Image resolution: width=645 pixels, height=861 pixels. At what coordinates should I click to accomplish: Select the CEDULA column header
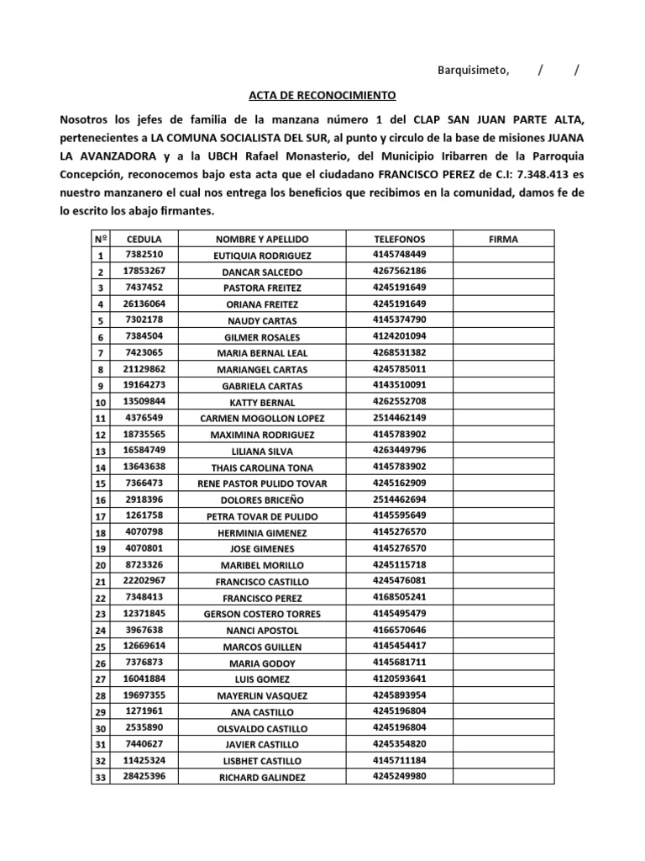(x=144, y=239)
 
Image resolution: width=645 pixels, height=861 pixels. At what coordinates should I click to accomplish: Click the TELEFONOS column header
(x=400, y=239)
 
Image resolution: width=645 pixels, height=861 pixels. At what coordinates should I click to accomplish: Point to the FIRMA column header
(x=504, y=239)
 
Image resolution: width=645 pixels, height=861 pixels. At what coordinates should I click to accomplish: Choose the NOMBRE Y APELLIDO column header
(x=263, y=239)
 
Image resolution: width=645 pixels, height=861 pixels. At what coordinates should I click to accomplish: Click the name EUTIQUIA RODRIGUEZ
(x=263, y=256)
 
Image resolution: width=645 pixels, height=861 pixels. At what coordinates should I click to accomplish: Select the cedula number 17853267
(x=144, y=271)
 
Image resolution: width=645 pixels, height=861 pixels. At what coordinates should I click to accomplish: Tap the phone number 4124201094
(x=400, y=336)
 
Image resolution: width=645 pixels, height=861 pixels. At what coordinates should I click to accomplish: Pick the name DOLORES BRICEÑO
(x=263, y=499)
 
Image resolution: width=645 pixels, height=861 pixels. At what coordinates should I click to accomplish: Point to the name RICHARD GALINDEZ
(x=263, y=777)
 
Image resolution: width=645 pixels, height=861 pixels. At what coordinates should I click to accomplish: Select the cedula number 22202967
(x=144, y=580)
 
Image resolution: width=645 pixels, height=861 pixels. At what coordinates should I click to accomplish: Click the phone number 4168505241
(x=400, y=596)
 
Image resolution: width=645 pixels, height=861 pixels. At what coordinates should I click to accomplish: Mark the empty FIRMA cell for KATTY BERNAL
(x=504, y=402)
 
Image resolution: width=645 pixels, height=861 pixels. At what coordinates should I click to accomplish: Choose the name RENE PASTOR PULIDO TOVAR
(x=263, y=483)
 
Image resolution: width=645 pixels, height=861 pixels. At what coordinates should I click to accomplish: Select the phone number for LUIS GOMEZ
(x=400, y=678)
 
